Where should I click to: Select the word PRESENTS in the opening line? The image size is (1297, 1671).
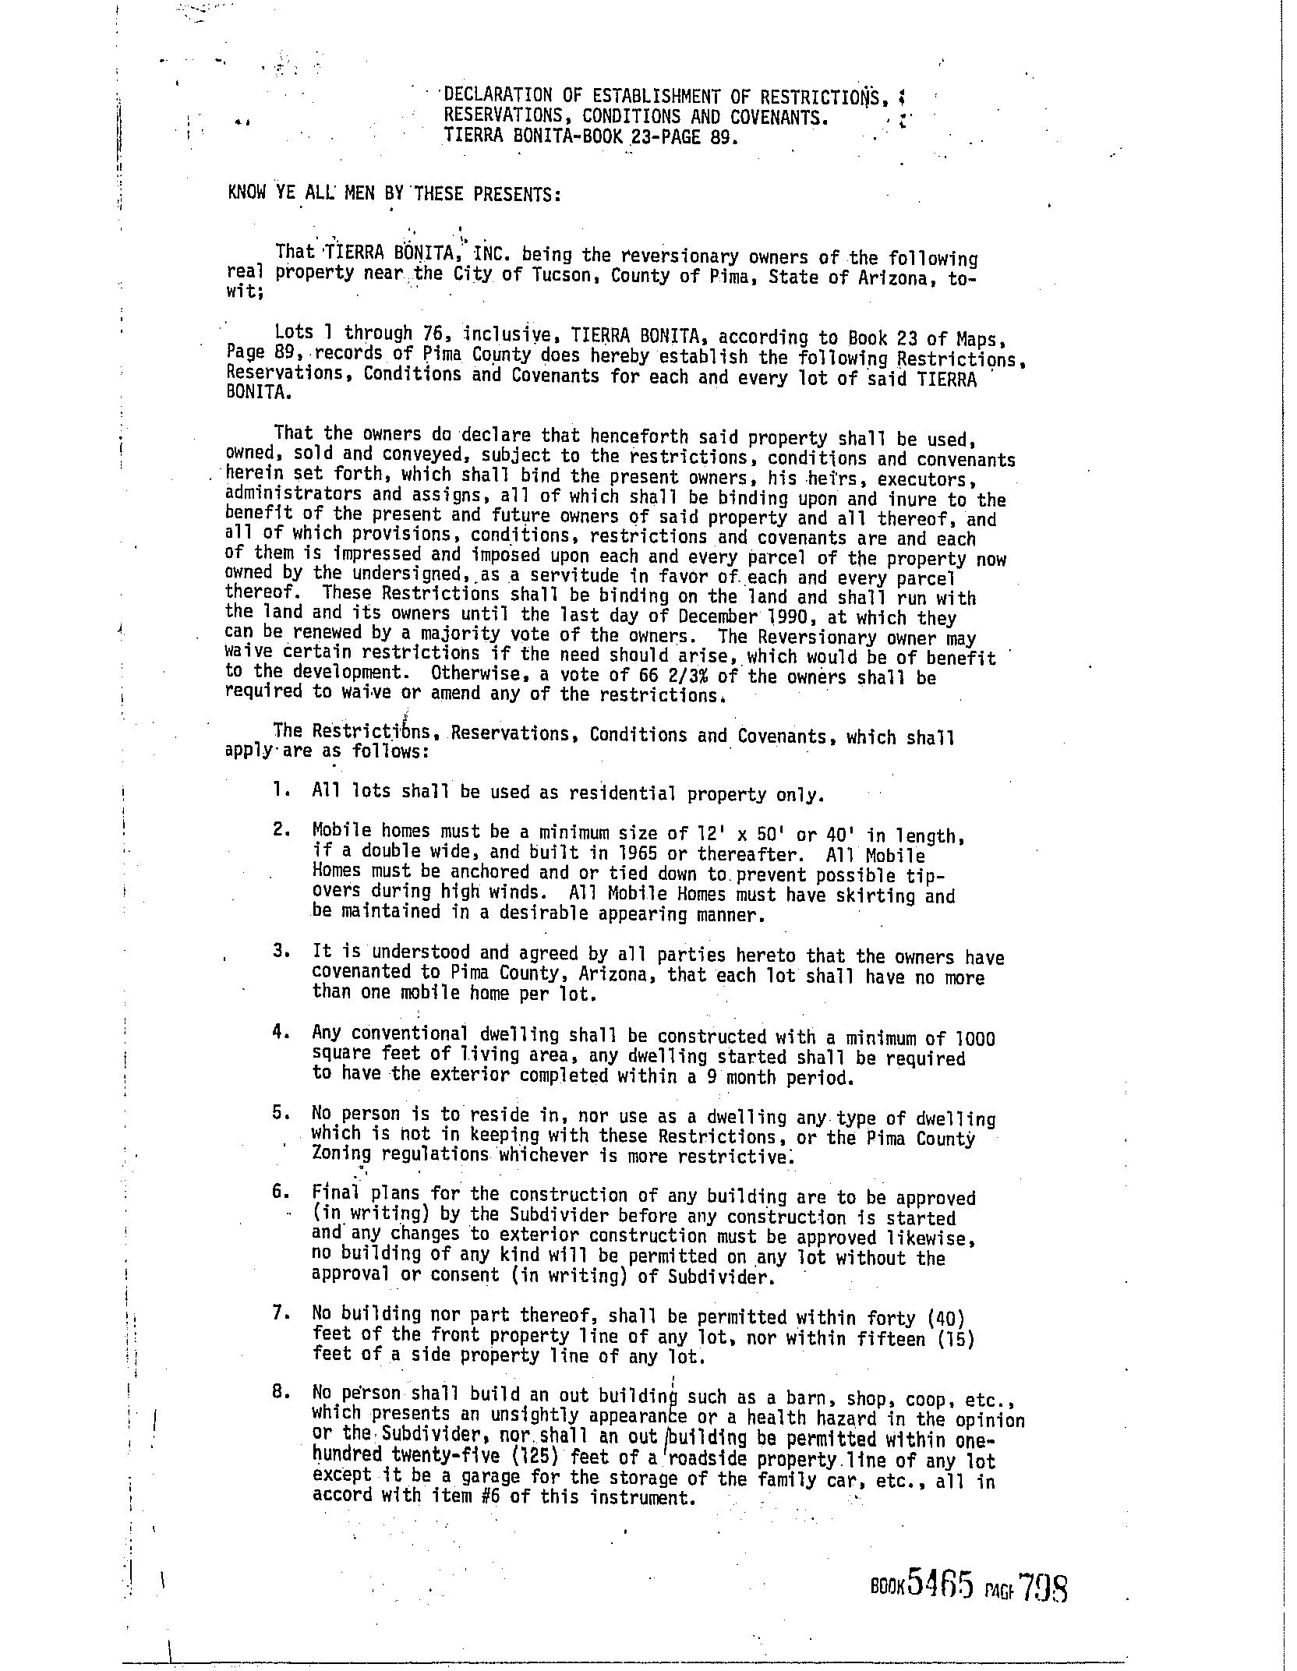point(519,193)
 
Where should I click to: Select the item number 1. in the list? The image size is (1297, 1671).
point(282,790)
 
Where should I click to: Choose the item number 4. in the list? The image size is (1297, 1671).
point(282,1033)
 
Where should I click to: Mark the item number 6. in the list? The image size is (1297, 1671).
point(282,1192)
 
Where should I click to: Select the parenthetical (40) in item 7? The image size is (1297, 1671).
point(946,1319)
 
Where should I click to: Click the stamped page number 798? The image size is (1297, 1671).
point(1042,1586)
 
